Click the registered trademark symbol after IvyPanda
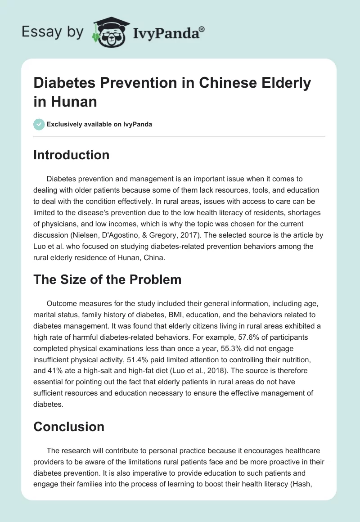pos(202,29)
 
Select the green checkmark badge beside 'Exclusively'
pos(39,124)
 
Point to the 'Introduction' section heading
pos(71,155)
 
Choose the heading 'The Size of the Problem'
pos(107,279)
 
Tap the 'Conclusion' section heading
pos(69,426)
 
